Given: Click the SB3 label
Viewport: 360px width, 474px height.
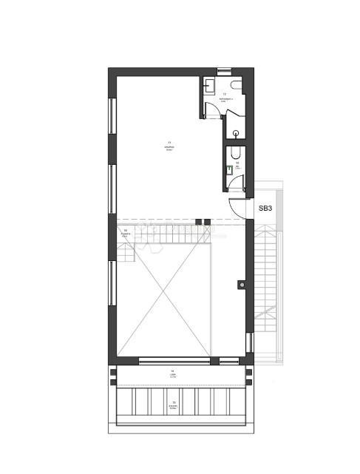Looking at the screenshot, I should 265,209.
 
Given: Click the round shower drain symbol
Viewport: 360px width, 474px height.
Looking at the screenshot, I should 235,134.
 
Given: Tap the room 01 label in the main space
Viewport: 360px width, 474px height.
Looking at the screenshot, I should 169,145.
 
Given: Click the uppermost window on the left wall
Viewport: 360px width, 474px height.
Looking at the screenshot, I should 112,115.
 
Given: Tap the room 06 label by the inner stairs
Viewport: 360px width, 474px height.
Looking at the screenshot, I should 126,233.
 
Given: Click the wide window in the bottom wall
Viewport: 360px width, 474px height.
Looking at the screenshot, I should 174,362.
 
